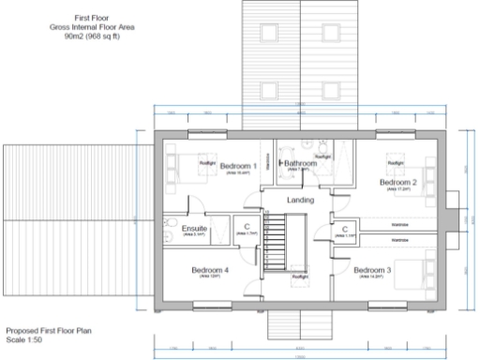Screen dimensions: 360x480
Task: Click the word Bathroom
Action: pyautogui.click(x=301, y=163)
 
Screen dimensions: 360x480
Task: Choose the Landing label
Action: pyautogui.click(x=300, y=200)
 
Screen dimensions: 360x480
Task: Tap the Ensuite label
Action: pyautogui.click(x=195, y=228)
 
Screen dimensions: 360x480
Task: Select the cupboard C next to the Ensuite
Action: pyautogui.click(x=245, y=228)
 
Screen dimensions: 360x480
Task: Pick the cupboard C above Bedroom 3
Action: pyautogui.click(x=345, y=229)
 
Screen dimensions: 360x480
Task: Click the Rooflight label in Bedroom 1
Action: pyautogui.click(x=208, y=163)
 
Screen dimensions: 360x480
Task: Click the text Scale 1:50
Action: pyautogui.click(x=23, y=339)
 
